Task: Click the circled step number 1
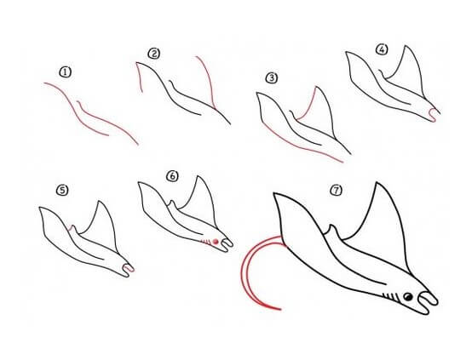[x=66, y=72]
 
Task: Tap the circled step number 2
[x=154, y=54]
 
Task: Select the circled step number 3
[x=272, y=78]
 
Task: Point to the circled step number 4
[x=382, y=49]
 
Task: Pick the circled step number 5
[x=62, y=190]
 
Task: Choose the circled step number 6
[x=172, y=176]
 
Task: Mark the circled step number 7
[x=337, y=190]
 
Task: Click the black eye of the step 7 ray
[x=408, y=296]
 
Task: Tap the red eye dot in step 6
[x=216, y=242]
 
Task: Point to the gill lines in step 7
[x=390, y=297]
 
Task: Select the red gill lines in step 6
[x=205, y=242]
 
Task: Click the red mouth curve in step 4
[x=434, y=115]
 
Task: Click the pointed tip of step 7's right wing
[x=377, y=183]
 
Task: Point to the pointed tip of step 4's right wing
[x=406, y=46]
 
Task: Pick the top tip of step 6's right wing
[x=198, y=176]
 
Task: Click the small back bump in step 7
[x=333, y=231]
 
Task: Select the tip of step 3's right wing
[x=317, y=87]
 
